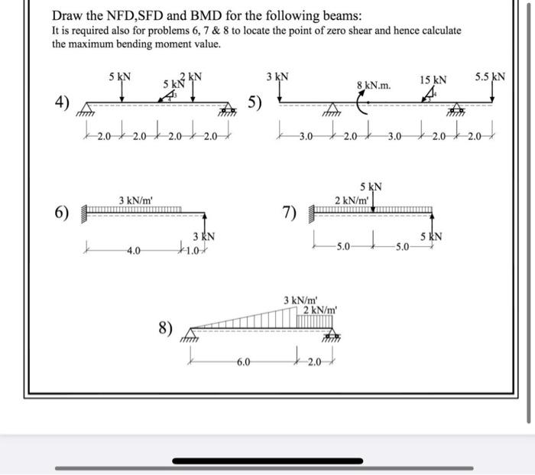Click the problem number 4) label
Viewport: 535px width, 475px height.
(x=61, y=103)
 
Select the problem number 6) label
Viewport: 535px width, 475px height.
(x=62, y=212)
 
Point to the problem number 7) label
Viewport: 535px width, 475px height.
(x=290, y=212)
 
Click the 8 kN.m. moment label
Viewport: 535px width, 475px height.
(x=374, y=86)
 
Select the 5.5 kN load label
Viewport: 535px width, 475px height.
(x=489, y=76)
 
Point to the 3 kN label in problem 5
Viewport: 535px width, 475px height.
(x=277, y=76)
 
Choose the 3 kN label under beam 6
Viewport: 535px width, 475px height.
(x=202, y=236)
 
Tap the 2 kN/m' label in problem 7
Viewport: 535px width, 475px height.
(x=352, y=200)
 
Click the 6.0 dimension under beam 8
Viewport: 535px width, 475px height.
(x=242, y=362)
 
